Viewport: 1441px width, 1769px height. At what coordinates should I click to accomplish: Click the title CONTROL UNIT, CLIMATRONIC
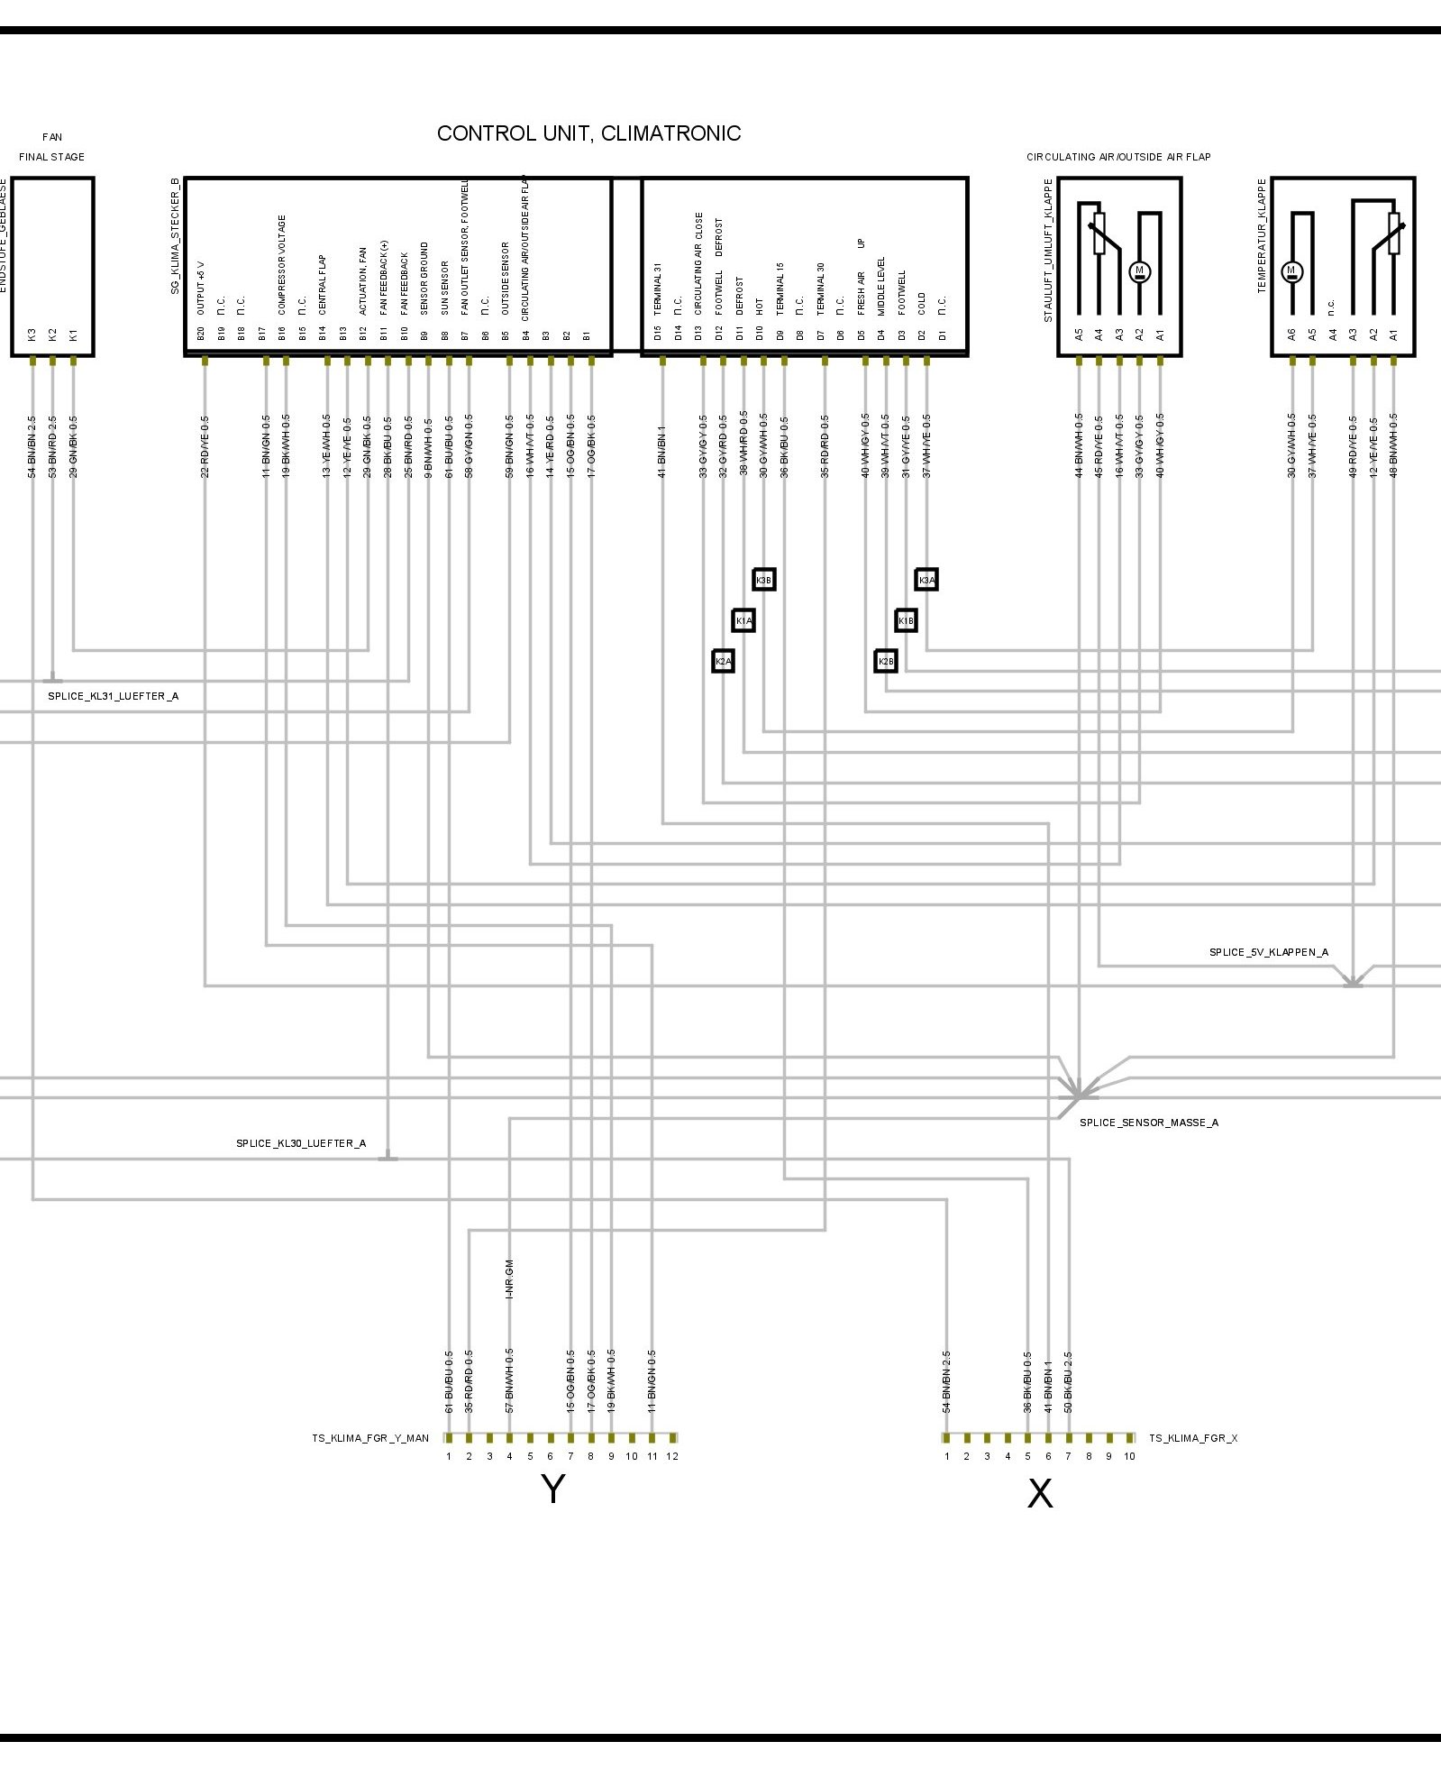tap(588, 133)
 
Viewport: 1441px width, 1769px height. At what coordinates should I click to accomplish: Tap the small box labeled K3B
tap(763, 580)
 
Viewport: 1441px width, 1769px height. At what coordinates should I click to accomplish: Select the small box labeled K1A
tap(743, 620)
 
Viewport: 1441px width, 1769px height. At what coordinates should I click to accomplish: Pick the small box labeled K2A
tap(723, 662)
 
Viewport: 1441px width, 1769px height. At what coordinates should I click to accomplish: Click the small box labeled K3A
tap(926, 580)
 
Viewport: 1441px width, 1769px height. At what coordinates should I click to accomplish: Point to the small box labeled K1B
tap(906, 620)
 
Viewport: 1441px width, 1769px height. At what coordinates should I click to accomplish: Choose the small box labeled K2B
tap(886, 662)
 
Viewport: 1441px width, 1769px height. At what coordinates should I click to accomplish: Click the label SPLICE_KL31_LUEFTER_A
tap(113, 696)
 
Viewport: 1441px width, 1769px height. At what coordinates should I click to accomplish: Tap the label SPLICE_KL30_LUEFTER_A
tap(301, 1143)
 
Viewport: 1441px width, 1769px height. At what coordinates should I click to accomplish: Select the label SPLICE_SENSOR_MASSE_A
tap(1148, 1123)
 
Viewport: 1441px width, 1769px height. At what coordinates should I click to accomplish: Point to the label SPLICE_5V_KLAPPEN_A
tap(1268, 952)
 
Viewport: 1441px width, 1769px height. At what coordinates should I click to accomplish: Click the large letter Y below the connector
tap(552, 1489)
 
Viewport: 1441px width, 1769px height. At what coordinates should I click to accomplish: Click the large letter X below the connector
tap(1039, 1494)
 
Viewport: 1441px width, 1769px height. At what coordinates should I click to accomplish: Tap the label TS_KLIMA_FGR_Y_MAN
tap(370, 1438)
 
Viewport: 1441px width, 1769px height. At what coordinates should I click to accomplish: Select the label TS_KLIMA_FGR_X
tap(1192, 1438)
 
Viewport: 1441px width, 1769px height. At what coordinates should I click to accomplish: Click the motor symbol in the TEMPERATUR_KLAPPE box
tap(1291, 270)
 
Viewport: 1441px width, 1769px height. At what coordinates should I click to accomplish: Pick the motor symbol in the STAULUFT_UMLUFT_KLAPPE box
tap(1139, 270)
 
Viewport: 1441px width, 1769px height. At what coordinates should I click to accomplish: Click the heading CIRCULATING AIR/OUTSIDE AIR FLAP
tap(1118, 157)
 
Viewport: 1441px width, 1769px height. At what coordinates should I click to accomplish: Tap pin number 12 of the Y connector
tap(672, 1456)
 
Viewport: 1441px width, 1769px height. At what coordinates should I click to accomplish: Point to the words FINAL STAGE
tap(52, 157)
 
